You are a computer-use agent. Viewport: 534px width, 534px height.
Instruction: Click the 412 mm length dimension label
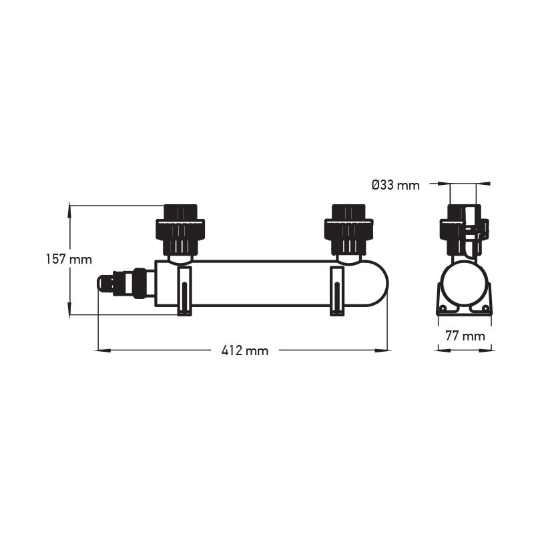[245, 350]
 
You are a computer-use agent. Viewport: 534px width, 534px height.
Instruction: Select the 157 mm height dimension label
[69, 259]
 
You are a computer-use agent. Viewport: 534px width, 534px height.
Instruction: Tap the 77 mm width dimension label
[465, 336]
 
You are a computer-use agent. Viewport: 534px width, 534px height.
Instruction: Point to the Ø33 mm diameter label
[395, 185]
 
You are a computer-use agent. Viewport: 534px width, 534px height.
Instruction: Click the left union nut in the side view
[180, 230]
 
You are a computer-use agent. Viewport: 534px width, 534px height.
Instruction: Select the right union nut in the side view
[348, 230]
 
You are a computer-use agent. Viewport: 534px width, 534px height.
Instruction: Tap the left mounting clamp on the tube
[185, 291]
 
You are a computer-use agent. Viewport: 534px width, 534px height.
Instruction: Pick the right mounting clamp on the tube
[337, 291]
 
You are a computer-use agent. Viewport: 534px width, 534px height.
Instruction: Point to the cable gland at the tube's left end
[126, 283]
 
